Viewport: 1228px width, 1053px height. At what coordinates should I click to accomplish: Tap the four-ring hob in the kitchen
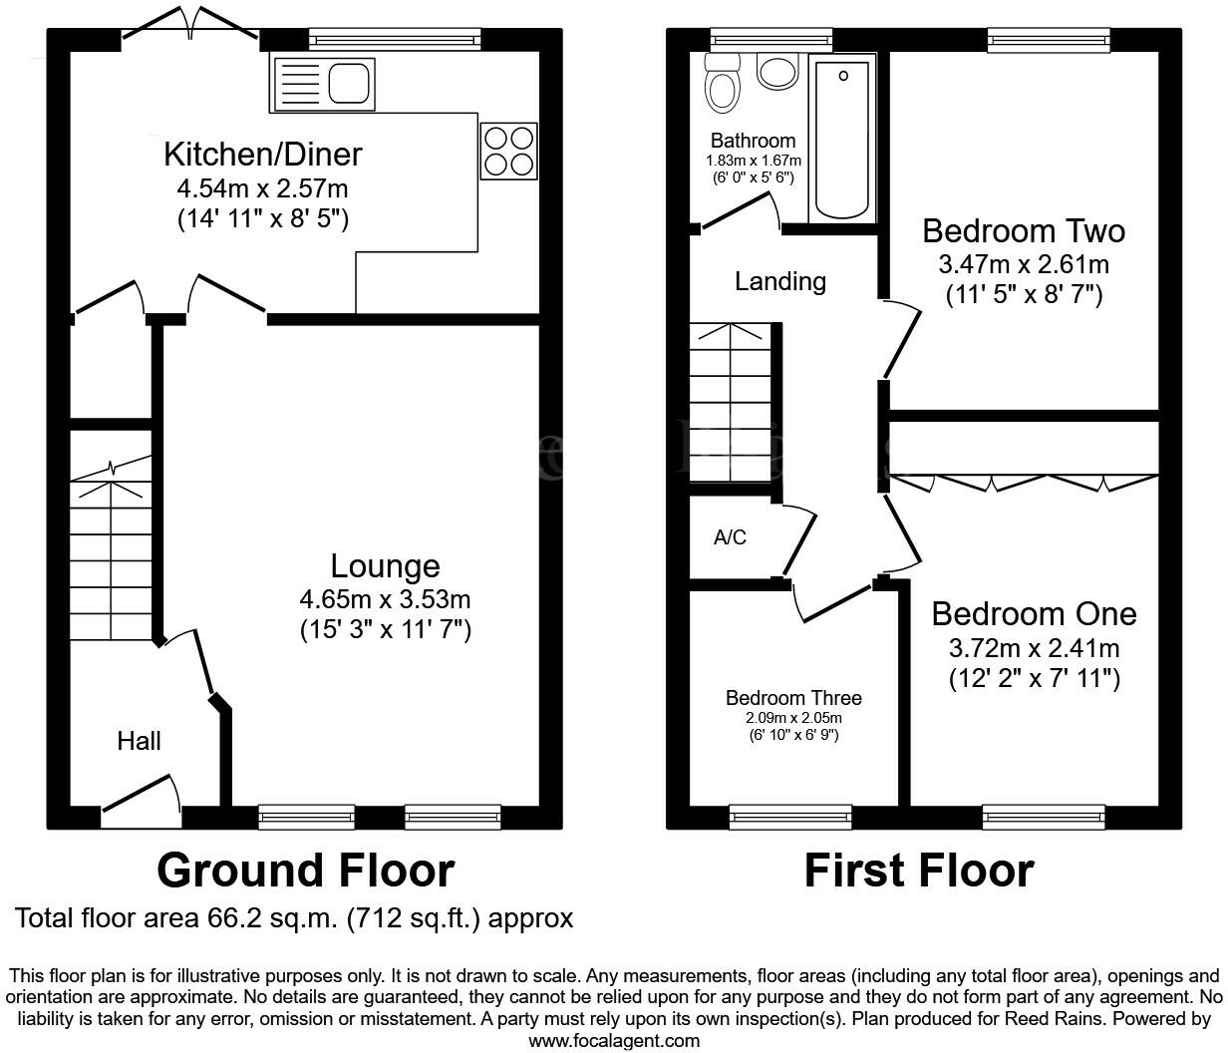click(x=508, y=151)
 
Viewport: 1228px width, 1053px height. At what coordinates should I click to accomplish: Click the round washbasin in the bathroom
click(x=776, y=72)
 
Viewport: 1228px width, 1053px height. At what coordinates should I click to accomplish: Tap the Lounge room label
click(x=385, y=565)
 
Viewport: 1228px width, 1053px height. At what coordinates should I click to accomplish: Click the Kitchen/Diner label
click(x=262, y=155)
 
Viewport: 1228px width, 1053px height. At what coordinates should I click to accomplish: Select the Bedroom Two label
click(x=1024, y=230)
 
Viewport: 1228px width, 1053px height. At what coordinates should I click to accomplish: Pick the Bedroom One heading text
click(x=1034, y=614)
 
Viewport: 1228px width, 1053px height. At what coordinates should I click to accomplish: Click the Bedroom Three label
click(x=793, y=698)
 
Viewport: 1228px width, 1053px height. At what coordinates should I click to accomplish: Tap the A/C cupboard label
click(x=730, y=537)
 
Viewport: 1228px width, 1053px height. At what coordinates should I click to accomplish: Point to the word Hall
click(x=139, y=741)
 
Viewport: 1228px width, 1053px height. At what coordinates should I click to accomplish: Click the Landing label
click(x=780, y=281)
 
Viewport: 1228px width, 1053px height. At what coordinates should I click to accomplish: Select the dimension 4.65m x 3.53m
click(x=385, y=599)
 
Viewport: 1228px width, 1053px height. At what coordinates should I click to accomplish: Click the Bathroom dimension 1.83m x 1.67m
click(x=754, y=161)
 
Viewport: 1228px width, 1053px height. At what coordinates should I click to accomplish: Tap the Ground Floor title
click(x=305, y=871)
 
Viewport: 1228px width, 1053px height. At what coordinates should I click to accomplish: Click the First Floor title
click(x=919, y=871)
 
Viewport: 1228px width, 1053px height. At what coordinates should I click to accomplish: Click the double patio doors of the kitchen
click(x=190, y=24)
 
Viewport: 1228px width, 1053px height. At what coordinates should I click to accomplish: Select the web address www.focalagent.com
click(x=614, y=1040)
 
